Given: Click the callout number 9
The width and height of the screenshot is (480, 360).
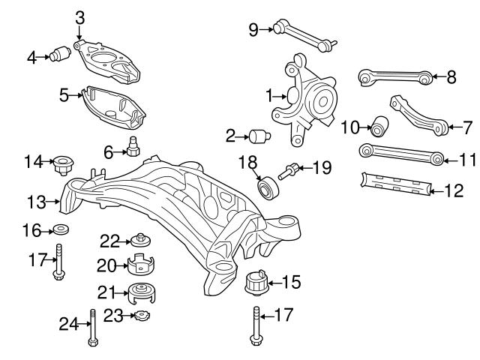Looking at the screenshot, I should coord(253,29).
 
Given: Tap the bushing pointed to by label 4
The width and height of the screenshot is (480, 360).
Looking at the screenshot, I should coord(61,55).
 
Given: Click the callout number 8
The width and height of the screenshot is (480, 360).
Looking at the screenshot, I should coord(451,76).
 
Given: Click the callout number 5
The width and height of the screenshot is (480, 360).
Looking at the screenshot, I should coord(64,94).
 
